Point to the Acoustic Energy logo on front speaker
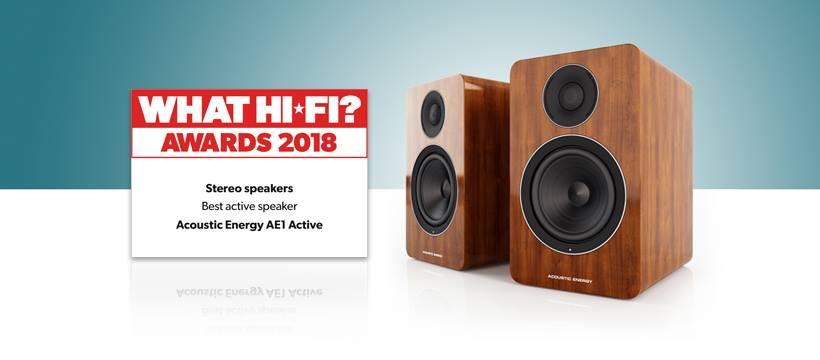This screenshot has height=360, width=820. (x=573, y=273)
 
